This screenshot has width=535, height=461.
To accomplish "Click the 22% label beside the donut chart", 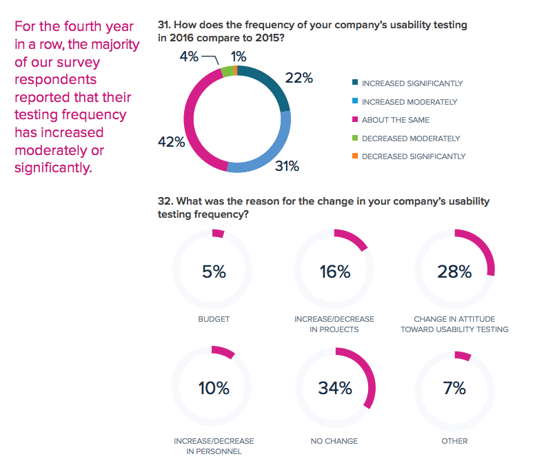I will (x=299, y=79).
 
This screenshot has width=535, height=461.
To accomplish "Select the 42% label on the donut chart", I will (x=171, y=143).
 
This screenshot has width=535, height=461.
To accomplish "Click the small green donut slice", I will (x=226, y=71).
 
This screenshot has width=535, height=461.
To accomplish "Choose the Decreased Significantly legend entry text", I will (x=413, y=156).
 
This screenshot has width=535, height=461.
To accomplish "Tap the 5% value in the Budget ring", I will (x=214, y=272).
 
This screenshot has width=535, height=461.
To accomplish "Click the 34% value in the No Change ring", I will (x=335, y=388).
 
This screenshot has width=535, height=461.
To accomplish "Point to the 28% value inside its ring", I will (x=454, y=272).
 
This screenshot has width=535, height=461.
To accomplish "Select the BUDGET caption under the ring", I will (x=213, y=319).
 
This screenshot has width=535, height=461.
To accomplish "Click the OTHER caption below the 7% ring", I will (x=454, y=441).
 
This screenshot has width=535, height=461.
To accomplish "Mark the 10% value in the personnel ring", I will (x=214, y=388).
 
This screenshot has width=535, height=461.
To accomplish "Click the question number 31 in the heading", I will (x=163, y=25).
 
